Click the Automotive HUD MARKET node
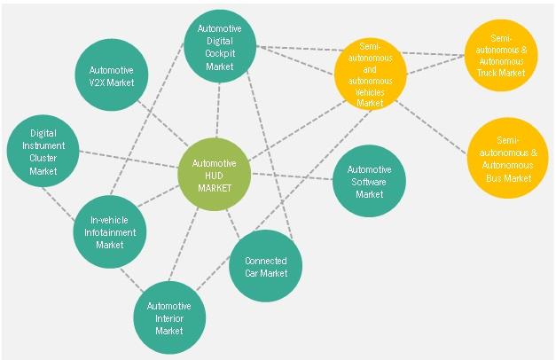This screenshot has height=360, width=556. point(215,175)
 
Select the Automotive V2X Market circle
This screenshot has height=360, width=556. point(112,74)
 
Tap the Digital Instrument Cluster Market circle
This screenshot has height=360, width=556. point(43,151)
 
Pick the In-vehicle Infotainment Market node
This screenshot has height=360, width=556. point(110,232)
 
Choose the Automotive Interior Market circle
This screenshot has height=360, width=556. point(169,317)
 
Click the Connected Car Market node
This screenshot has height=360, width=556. point(266,266)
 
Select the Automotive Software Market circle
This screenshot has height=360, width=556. point(370,181)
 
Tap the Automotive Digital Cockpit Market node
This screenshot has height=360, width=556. point(220,46)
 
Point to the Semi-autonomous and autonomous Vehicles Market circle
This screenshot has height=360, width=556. point(370,74)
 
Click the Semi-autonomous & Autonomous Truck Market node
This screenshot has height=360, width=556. point(501,55)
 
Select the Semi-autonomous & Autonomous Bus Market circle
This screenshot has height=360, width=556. point(508,158)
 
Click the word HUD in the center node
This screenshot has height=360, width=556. point(215,176)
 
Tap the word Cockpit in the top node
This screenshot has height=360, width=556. point(220,53)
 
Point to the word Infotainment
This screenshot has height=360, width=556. point(110,232)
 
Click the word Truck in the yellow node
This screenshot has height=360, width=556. point(486,73)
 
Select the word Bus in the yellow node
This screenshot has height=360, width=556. point(493,178)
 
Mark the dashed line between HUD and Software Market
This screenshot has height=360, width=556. point(292,176)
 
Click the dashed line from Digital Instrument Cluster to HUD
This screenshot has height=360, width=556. point(129,160)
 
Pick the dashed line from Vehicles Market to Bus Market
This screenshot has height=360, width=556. point(431,128)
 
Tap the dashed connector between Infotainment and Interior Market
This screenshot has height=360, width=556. point(132,280)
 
